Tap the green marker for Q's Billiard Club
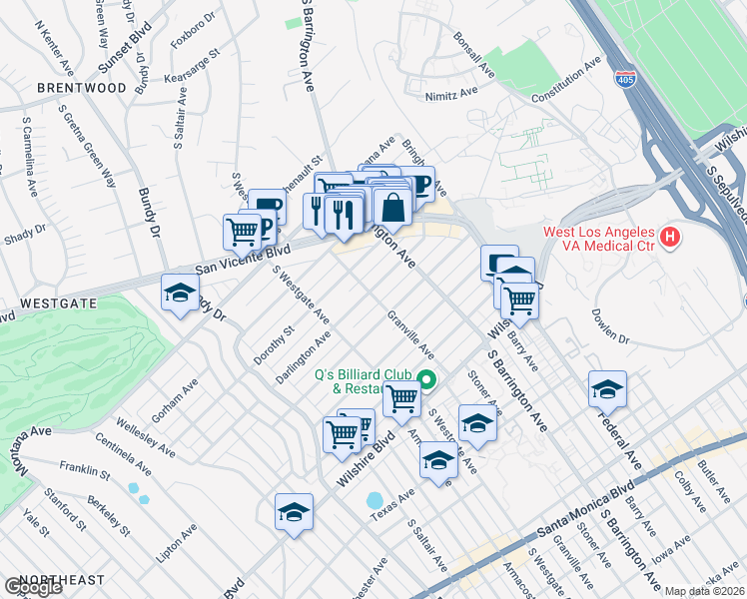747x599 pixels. (427, 378)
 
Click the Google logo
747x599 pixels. (33, 587)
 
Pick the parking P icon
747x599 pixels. (264, 231)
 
